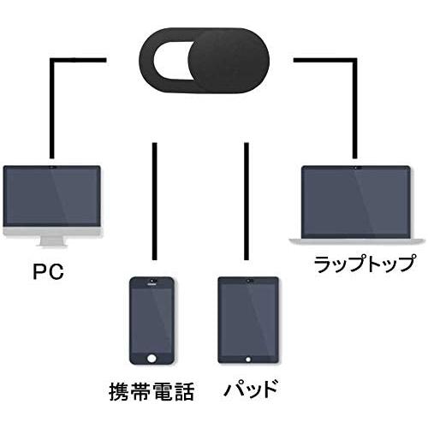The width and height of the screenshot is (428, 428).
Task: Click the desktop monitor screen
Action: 52,197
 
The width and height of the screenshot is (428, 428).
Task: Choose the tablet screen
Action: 248,318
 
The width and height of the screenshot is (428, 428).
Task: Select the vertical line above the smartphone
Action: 154,201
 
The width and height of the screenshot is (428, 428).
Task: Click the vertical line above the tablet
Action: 247,201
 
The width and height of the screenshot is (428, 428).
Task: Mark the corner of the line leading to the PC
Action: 53,60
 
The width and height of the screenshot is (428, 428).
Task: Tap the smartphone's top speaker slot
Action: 152,283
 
